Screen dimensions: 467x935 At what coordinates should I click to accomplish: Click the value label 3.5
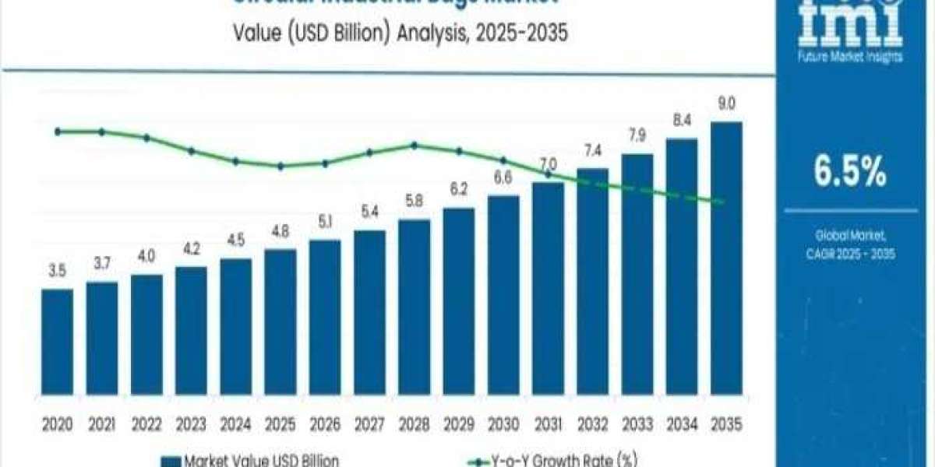point(57,272)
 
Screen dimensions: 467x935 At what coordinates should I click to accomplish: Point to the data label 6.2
point(458,189)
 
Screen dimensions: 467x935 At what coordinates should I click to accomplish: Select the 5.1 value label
point(324,221)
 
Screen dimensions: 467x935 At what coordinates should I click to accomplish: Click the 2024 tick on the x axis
point(235,425)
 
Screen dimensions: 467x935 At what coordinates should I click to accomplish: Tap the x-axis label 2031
point(548,425)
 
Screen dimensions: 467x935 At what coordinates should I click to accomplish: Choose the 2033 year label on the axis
point(637,425)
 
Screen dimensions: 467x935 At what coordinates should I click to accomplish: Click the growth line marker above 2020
point(58,132)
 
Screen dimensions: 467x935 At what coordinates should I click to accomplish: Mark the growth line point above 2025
point(280,166)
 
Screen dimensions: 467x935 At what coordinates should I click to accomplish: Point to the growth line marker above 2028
point(414,145)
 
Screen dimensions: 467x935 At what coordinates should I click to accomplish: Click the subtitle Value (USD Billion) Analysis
point(389,34)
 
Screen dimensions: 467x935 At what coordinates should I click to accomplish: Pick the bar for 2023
point(191,330)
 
